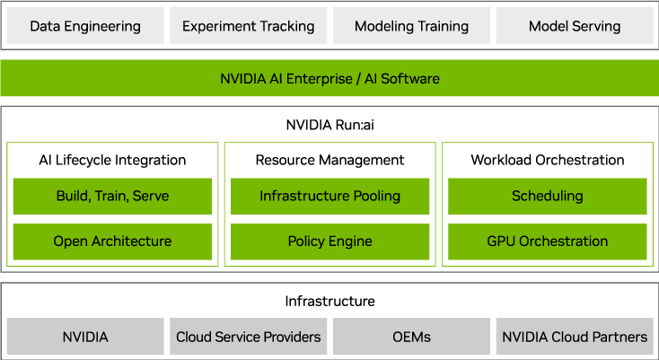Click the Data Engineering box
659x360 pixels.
[x=85, y=26]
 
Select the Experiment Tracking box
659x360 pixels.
[x=249, y=26]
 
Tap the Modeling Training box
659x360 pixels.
[x=411, y=26]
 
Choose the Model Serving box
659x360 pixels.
[x=574, y=26]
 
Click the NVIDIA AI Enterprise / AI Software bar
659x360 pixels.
[x=329, y=78]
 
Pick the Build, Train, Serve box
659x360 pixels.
[x=112, y=196]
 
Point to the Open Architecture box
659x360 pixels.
[x=112, y=241]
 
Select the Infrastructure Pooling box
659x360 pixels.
[x=329, y=196]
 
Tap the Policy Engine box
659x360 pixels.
[x=329, y=241]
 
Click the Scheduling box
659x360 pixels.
[x=547, y=196]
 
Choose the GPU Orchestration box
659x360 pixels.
[x=547, y=241]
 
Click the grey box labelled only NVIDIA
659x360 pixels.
[x=85, y=337]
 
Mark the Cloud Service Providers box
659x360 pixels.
[x=249, y=337]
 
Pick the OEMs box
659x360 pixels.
[x=411, y=337]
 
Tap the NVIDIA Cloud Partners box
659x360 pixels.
[x=574, y=337]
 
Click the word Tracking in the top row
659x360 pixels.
[x=286, y=27]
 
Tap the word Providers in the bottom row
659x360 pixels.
[x=289, y=337]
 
